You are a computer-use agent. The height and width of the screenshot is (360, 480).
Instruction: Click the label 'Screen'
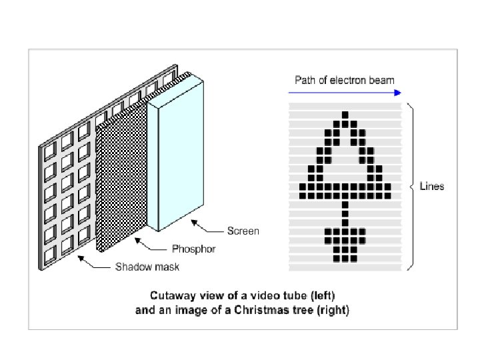coord(243,231)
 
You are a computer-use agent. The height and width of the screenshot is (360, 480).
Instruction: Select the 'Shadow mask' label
coord(147,267)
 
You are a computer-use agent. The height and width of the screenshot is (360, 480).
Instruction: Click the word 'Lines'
coord(431,187)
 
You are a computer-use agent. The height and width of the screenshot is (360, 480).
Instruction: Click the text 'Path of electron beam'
coord(345,80)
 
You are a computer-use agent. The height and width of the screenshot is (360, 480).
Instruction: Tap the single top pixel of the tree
coord(345,115)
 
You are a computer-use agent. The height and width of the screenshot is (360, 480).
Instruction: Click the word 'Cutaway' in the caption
coord(171,295)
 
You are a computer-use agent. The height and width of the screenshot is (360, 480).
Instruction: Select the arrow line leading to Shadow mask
coord(97,264)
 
